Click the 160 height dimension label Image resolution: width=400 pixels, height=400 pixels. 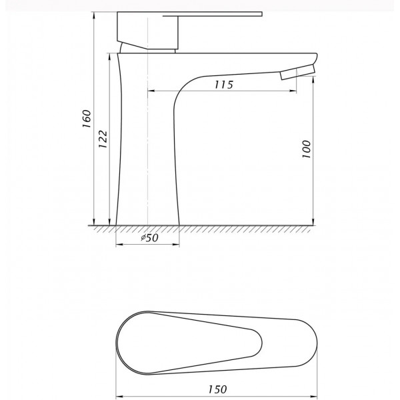(x=87, y=119)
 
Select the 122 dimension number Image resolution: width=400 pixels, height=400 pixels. (x=103, y=139)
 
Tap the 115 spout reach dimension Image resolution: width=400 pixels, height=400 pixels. (x=224, y=85)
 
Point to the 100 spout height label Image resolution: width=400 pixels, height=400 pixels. (x=307, y=149)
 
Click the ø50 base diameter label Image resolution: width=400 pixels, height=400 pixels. (x=150, y=238)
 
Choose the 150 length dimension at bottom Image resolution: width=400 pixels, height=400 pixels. (x=217, y=389)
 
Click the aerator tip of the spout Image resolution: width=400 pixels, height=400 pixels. (x=298, y=72)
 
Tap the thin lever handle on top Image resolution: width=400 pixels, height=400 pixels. (x=213, y=14)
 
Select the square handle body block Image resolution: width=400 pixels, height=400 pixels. (x=147, y=30)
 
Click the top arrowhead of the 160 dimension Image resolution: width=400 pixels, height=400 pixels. (x=94, y=15)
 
